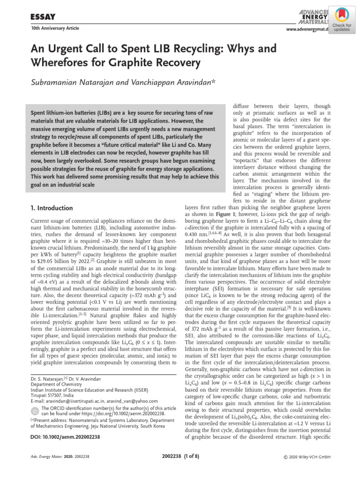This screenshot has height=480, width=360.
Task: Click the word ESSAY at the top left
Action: (x=43, y=17)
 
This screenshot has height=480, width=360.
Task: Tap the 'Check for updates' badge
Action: (x=345, y=21)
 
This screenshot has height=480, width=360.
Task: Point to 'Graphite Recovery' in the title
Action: (x=148, y=62)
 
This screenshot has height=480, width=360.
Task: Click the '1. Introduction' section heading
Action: (x=51, y=207)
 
